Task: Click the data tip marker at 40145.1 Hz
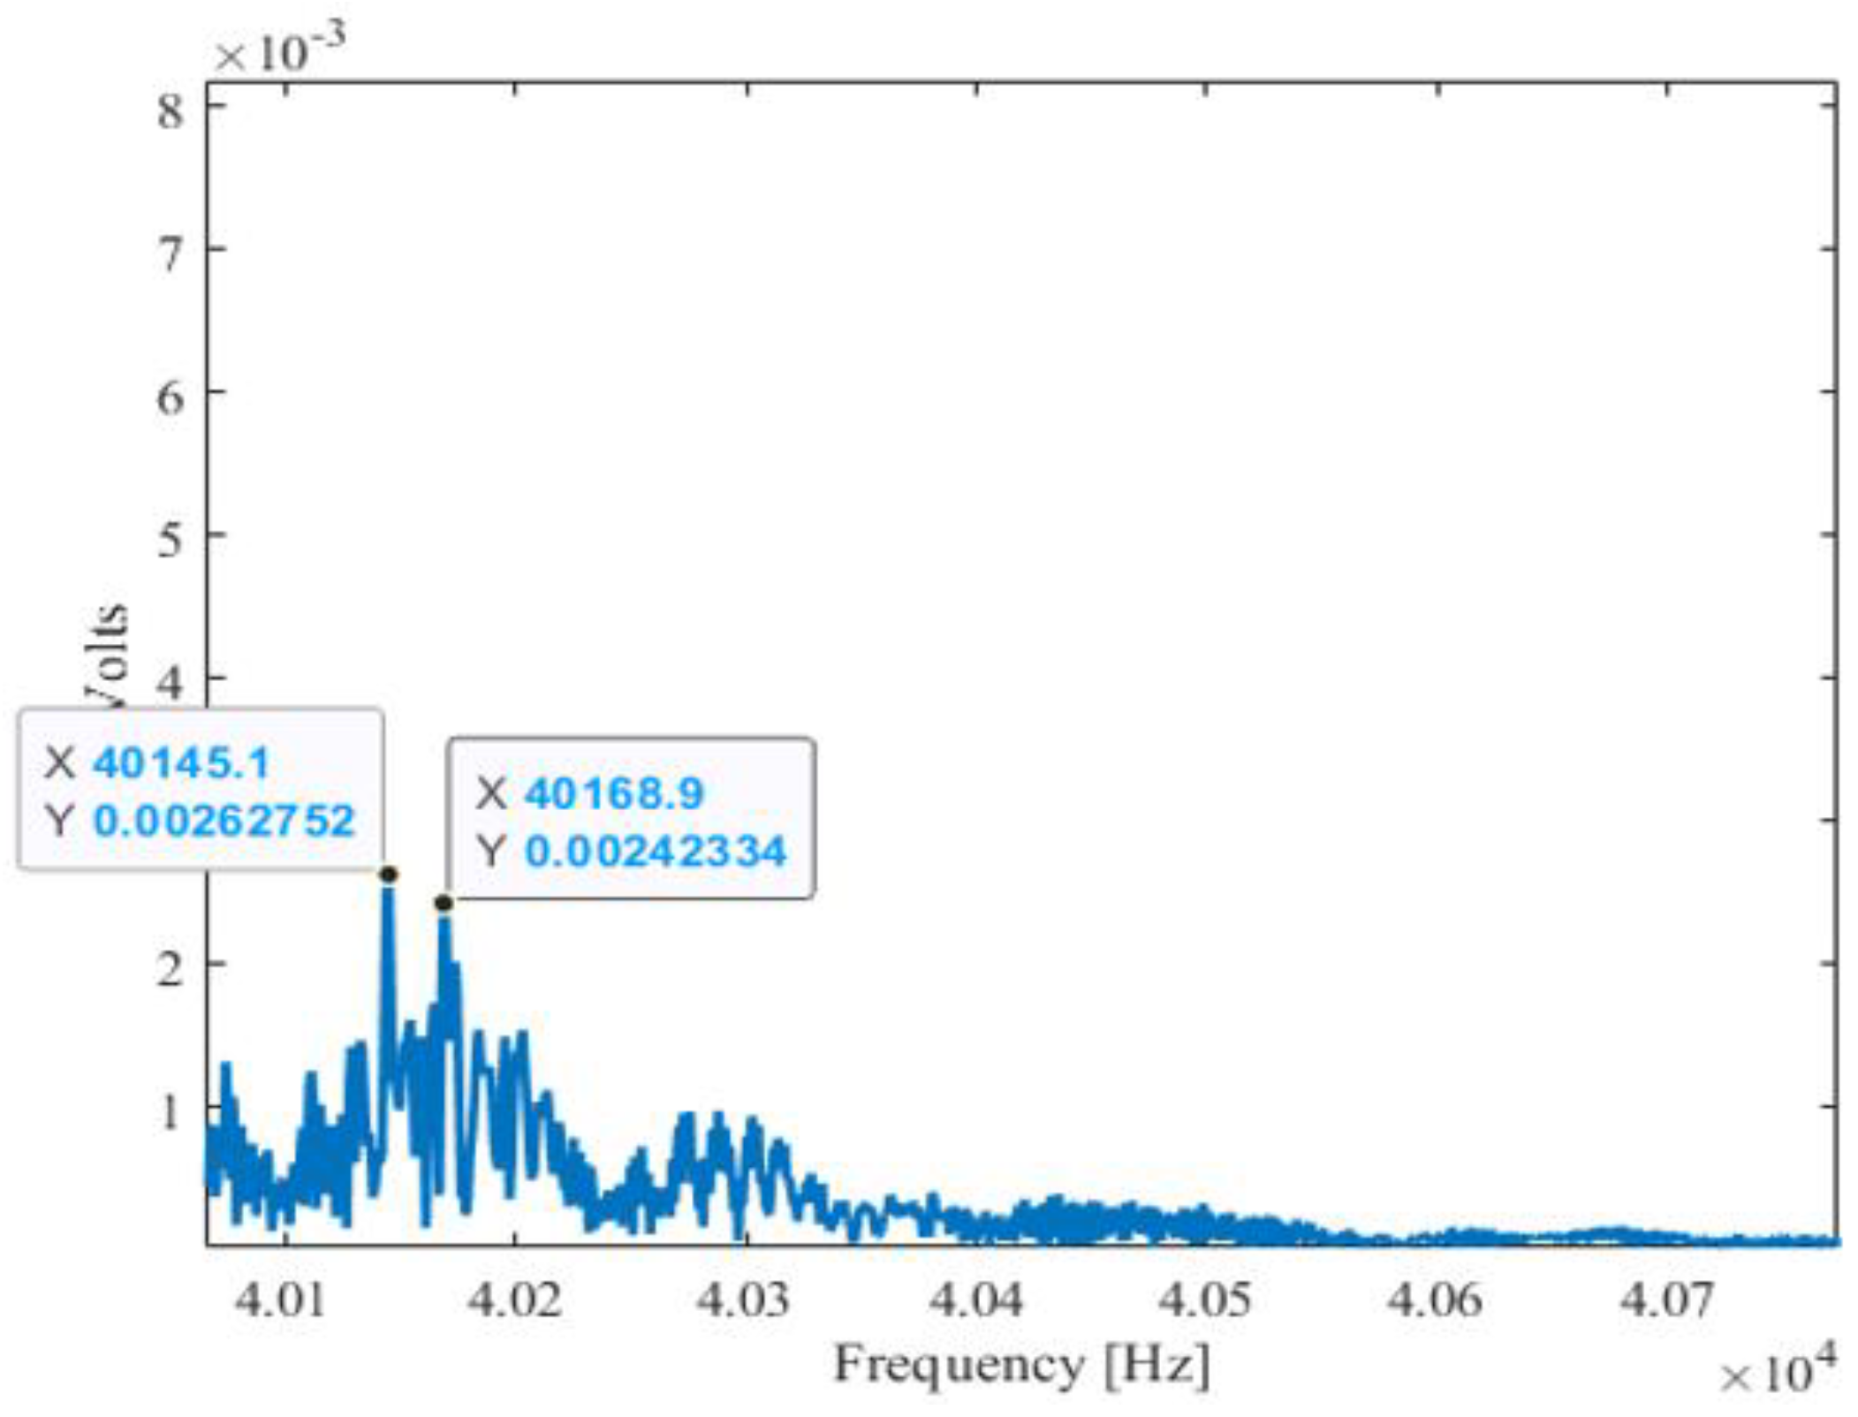[x=388, y=875]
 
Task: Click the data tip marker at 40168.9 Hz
[x=444, y=903]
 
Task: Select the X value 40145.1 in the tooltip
[x=180, y=763]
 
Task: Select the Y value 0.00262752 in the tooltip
[x=224, y=821]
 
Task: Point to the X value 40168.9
[x=614, y=793]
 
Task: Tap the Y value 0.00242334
[x=655, y=852]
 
